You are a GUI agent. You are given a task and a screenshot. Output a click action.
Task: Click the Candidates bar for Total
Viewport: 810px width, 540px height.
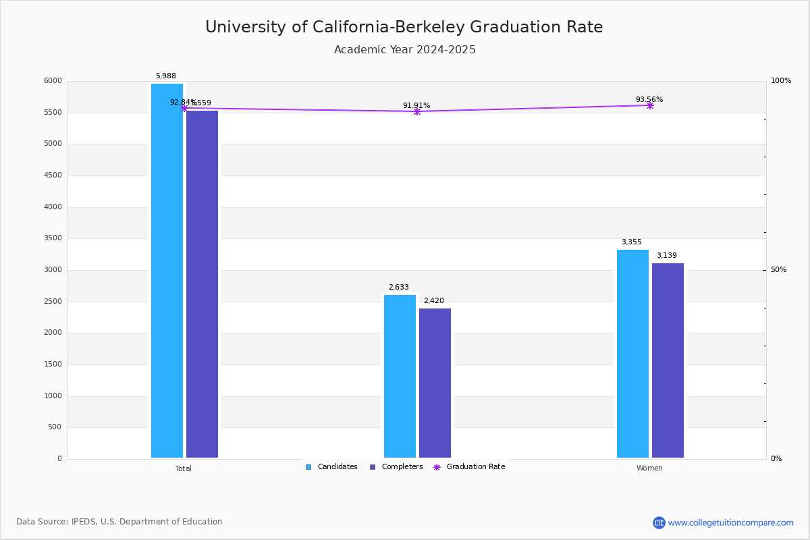pos(167,270)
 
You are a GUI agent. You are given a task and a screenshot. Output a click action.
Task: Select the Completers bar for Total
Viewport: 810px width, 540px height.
pos(202,283)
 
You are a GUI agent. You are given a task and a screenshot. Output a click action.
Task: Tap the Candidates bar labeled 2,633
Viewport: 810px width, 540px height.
pos(400,376)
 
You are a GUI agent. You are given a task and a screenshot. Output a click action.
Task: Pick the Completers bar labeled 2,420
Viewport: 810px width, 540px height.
pos(435,383)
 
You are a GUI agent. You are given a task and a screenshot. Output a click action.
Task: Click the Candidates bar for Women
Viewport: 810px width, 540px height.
pos(632,354)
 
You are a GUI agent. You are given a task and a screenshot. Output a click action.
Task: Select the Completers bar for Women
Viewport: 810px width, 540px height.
pos(668,360)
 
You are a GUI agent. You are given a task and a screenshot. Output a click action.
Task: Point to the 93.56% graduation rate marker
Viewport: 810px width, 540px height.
pos(649,105)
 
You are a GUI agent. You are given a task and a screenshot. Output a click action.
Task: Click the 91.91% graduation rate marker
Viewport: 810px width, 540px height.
pos(416,111)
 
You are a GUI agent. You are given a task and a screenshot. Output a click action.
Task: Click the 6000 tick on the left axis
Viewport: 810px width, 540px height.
pos(53,81)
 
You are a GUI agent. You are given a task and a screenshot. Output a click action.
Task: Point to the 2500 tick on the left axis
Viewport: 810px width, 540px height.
pos(53,302)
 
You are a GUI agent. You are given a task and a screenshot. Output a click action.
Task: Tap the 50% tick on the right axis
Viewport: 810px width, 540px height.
pos(778,270)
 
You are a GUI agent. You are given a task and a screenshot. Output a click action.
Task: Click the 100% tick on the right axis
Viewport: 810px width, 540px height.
pos(780,81)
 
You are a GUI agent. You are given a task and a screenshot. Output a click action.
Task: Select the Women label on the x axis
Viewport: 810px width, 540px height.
pos(649,468)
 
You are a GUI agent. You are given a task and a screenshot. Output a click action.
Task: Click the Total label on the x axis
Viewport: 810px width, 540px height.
pos(184,468)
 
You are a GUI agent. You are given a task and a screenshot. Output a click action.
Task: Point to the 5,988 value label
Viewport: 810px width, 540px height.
pos(166,76)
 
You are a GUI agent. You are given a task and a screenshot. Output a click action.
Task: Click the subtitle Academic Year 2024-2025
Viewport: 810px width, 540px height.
pos(405,50)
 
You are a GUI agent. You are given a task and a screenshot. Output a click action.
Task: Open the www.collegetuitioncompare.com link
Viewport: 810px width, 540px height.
pos(730,522)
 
